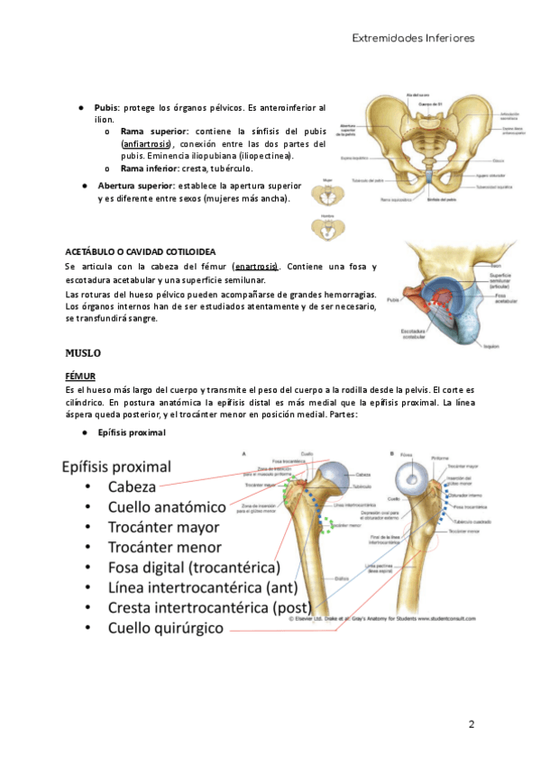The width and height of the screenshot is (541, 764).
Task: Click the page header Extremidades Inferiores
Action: tap(412, 38)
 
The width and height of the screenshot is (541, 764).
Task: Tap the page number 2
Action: tap(471, 724)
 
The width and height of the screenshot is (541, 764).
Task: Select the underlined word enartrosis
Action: tap(254, 267)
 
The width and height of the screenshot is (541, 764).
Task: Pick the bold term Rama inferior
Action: tap(150, 168)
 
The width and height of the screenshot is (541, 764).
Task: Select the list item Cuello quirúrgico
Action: tap(165, 629)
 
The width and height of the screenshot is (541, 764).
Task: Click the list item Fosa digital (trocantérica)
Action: tap(194, 568)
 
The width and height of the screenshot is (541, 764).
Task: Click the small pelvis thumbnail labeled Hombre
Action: tap(327, 230)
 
